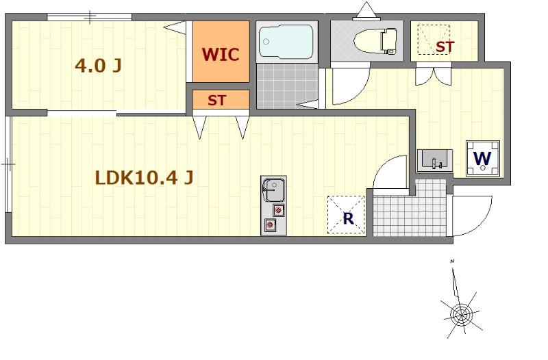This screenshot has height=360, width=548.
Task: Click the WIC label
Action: [x=221, y=55]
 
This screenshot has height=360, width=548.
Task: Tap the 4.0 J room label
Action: [x=99, y=65]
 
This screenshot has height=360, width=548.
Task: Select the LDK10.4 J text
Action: [x=145, y=178]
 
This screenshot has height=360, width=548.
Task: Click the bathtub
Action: [x=286, y=41]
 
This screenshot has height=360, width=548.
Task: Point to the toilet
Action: [x=375, y=41]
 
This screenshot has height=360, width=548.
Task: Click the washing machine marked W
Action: [x=483, y=158]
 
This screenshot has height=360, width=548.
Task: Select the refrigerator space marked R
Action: [x=346, y=215]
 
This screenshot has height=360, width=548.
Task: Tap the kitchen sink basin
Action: [x=273, y=190]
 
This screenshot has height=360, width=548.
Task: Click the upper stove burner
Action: [x=278, y=210]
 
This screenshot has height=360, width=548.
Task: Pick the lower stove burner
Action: [x=269, y=224]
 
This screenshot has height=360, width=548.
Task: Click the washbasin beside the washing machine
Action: [x=435, y=160]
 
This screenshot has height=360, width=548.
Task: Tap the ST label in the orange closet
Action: [x=216, y=101]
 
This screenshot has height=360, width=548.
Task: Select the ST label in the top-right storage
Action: [x=445, y=47]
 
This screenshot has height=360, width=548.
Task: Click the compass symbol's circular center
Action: [x=461, y=315]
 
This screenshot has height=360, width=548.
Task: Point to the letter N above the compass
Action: [x=452, y=261]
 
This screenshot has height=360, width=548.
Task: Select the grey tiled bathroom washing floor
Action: [x=287, y=86]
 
